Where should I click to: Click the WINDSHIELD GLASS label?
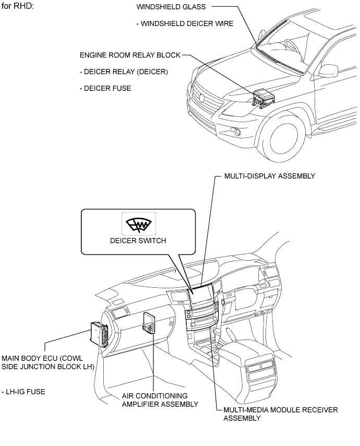(171, 7)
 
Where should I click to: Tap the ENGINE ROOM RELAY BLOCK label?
(130, 55)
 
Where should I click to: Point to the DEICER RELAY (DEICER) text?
(124, 72)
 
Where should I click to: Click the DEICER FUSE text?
(105, 88)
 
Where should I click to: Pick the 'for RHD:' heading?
(18, 6)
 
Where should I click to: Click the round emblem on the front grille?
(202, 98)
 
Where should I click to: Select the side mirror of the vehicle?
(329, 72)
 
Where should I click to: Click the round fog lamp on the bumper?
(237, 131)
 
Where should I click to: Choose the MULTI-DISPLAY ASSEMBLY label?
(270, 176)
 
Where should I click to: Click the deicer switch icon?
(138, 224)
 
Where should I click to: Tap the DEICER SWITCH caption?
(138, 241)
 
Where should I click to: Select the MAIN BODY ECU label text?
(47, 362)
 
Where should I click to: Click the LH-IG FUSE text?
(23, 392)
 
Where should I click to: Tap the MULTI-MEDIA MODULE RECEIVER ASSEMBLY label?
(281, 414)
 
